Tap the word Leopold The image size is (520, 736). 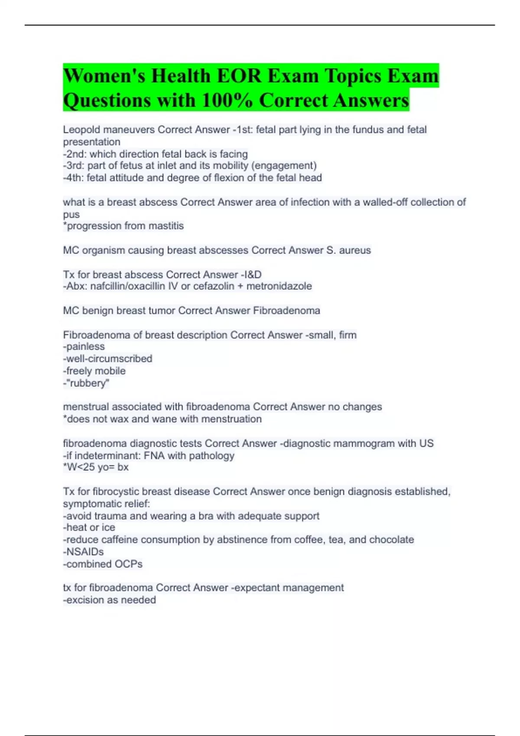(x=81, y=130)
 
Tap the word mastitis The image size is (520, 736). (x=166, y=226)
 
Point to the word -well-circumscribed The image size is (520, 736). (x=107, y=359)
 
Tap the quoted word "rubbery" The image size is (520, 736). (x=88, y=383)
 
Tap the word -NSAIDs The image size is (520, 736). (x=83, y=552)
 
